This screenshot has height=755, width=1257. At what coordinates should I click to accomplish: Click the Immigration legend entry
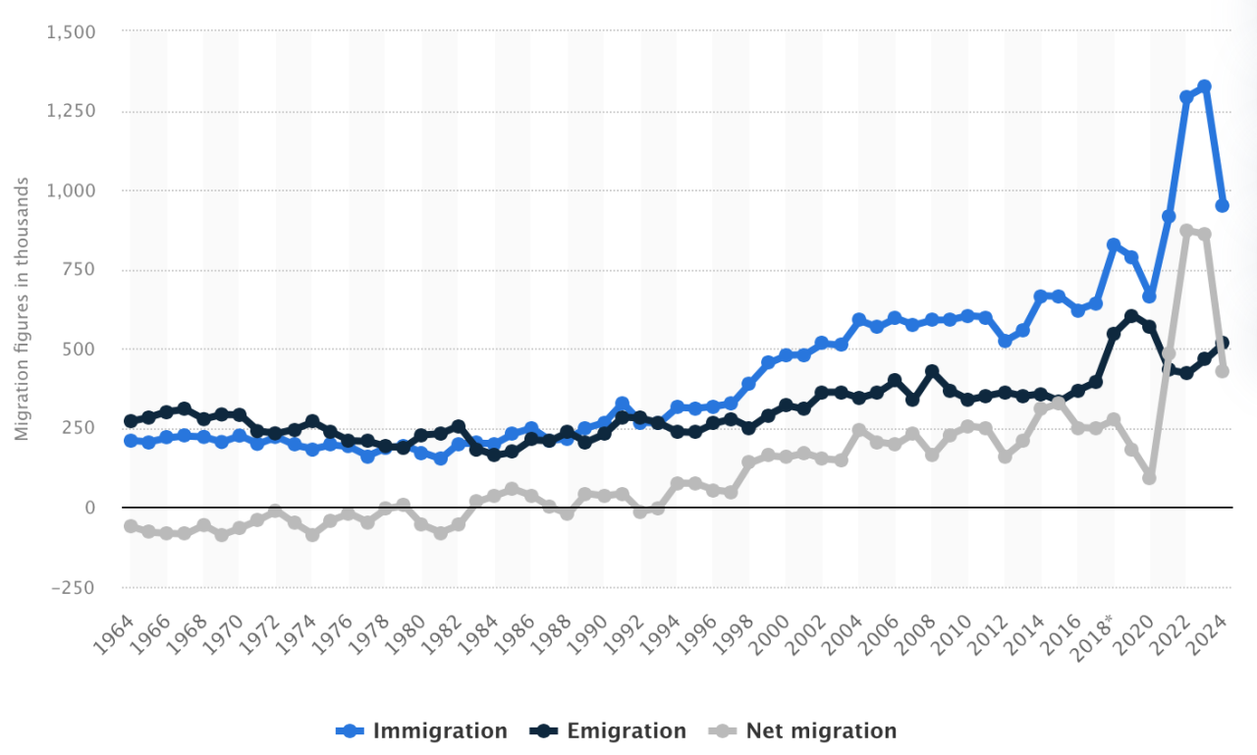click(x=422, y=730)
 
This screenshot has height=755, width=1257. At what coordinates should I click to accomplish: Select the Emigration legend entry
click(x=608, y=730)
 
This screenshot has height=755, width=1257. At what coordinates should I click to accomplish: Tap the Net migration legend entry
click(x=804, y=730)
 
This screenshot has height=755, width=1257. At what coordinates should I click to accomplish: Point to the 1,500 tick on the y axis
click(x=71, y=31)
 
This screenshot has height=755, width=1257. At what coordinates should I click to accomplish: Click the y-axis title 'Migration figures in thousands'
click(x=22, y=309)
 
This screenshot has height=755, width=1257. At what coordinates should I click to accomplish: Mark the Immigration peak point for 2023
click(x=1204, y=86)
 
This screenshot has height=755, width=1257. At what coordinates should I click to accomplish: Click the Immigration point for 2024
click(x=1223, y=205)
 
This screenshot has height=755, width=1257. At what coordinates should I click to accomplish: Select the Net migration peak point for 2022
click(x=1186, y=231)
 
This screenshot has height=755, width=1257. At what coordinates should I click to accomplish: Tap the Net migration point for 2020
click(x=1150, y=477)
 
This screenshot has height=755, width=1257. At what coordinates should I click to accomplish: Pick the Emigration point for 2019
click(x=1131, y=316)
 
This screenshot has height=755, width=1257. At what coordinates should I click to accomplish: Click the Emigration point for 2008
click(x=932, y=371)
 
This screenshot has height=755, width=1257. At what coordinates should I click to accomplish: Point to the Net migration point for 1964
click(x=131, y=526)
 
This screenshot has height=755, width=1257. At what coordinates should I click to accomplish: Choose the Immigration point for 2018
click(x=1114, y=244)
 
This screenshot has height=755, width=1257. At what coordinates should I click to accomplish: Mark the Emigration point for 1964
click(x=131, y=421)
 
